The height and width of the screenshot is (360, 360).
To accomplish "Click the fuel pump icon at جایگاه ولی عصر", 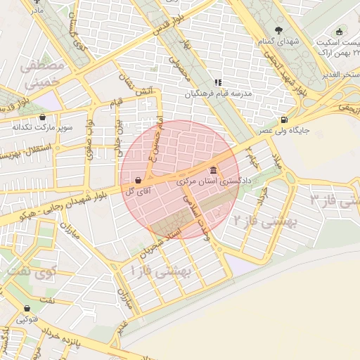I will pyautogui.click(x=283, y=120).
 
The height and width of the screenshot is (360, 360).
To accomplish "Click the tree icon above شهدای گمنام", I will pyautogui.click(x=279, y=30).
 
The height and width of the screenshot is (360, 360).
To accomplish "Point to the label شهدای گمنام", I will pyautogui.click(x=279, y=41).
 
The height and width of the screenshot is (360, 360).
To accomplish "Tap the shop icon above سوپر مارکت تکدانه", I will pyautogui.click(x=43, y=117).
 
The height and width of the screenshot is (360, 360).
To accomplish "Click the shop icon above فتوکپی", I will pyautogui.click(x=27, y=308).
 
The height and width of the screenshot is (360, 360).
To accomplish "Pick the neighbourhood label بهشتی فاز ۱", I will pyautogui.click(x=157, y=271).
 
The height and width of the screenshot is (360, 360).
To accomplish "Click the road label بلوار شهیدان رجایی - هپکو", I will pyautogui.click(x=53, y=209).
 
